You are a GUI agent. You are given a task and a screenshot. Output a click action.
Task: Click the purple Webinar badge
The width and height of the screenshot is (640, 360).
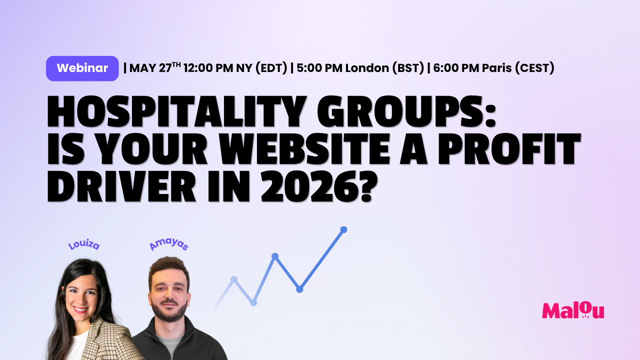pyautogui.click(x=82, y=68)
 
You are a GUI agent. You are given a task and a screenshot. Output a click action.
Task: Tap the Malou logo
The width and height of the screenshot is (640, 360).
pyautogui.click(x=573, y=310)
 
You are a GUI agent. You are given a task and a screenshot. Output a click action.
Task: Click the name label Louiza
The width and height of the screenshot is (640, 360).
pyautogui.click(x=84, y=245)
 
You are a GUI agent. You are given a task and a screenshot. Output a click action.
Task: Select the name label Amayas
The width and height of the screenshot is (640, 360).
pyautogui.click(x=169, y=245)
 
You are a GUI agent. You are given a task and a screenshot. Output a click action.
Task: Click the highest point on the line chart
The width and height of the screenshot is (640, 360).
pyautogui.click(x=343, y=229)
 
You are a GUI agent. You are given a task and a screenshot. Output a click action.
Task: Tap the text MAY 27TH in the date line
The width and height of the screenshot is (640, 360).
pyautogui.click(x=155, y=68)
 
